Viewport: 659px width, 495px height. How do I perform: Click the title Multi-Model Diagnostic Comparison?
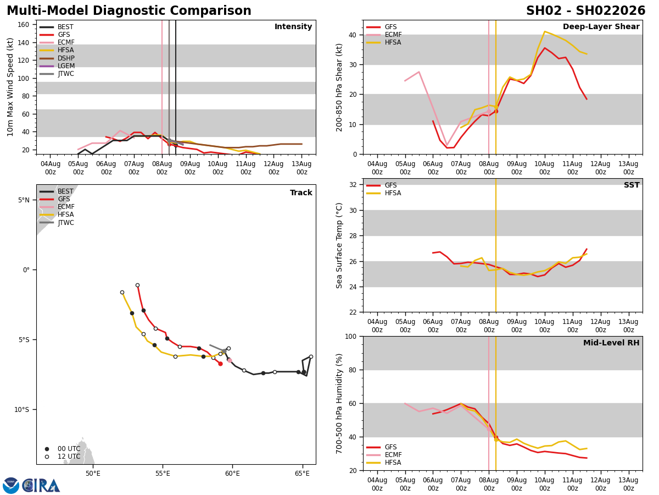[129, 11]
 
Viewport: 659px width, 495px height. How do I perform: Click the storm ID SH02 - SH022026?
[585, 11]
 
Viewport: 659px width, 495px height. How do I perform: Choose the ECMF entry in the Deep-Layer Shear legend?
[392, 35]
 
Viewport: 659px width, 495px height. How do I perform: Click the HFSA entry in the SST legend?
[393, 193]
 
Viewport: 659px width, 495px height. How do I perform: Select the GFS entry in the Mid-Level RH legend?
[390, 447]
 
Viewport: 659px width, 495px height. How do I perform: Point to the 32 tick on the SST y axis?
[354, 185]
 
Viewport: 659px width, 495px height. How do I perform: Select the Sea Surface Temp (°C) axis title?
[340, 245]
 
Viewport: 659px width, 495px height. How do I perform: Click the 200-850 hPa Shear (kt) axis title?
[340, 87]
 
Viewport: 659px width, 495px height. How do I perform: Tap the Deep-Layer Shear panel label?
[601, 27]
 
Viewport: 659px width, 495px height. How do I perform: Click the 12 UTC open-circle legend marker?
[47, 457]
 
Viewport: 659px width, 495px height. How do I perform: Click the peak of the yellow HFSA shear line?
[545, 31]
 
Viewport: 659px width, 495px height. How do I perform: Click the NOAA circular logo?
[11, 486]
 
